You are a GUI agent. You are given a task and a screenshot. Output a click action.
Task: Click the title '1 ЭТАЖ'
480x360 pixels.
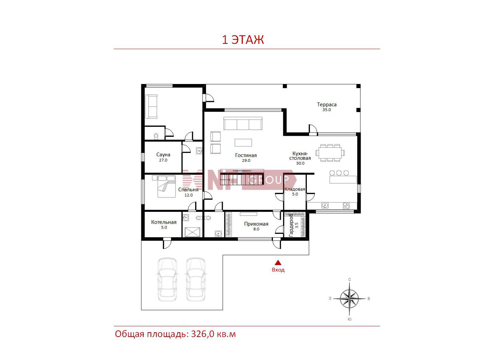243,40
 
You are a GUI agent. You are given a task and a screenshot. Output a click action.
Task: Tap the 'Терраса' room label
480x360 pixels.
327,105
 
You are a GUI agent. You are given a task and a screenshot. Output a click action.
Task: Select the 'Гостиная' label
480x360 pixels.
246,155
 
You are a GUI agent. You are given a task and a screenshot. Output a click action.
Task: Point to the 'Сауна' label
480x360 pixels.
163,155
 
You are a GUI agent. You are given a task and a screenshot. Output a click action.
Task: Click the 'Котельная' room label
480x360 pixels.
164,222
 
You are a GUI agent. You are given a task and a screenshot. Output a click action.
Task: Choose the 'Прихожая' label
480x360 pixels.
256,224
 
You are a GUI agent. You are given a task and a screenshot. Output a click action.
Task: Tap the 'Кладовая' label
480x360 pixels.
295,189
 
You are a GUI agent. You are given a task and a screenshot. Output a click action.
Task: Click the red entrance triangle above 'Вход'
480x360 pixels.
278,262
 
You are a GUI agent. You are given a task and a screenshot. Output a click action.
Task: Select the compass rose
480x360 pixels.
349,299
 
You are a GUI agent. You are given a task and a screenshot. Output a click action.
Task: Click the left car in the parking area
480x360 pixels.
167,279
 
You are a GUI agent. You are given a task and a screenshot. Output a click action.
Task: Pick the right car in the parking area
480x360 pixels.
196,279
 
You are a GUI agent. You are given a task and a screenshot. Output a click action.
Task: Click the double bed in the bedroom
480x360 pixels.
166,187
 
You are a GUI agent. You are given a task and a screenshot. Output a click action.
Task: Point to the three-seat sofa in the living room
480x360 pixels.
243,123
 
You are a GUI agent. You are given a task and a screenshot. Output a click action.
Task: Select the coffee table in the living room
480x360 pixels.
243,143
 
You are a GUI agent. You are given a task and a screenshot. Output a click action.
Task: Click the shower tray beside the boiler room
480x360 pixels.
192,232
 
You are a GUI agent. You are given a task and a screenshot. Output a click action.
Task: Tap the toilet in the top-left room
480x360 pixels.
156,136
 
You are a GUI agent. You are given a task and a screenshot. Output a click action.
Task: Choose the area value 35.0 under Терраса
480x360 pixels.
327,110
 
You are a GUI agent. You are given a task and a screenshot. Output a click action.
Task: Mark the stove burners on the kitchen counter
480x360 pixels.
346,205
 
